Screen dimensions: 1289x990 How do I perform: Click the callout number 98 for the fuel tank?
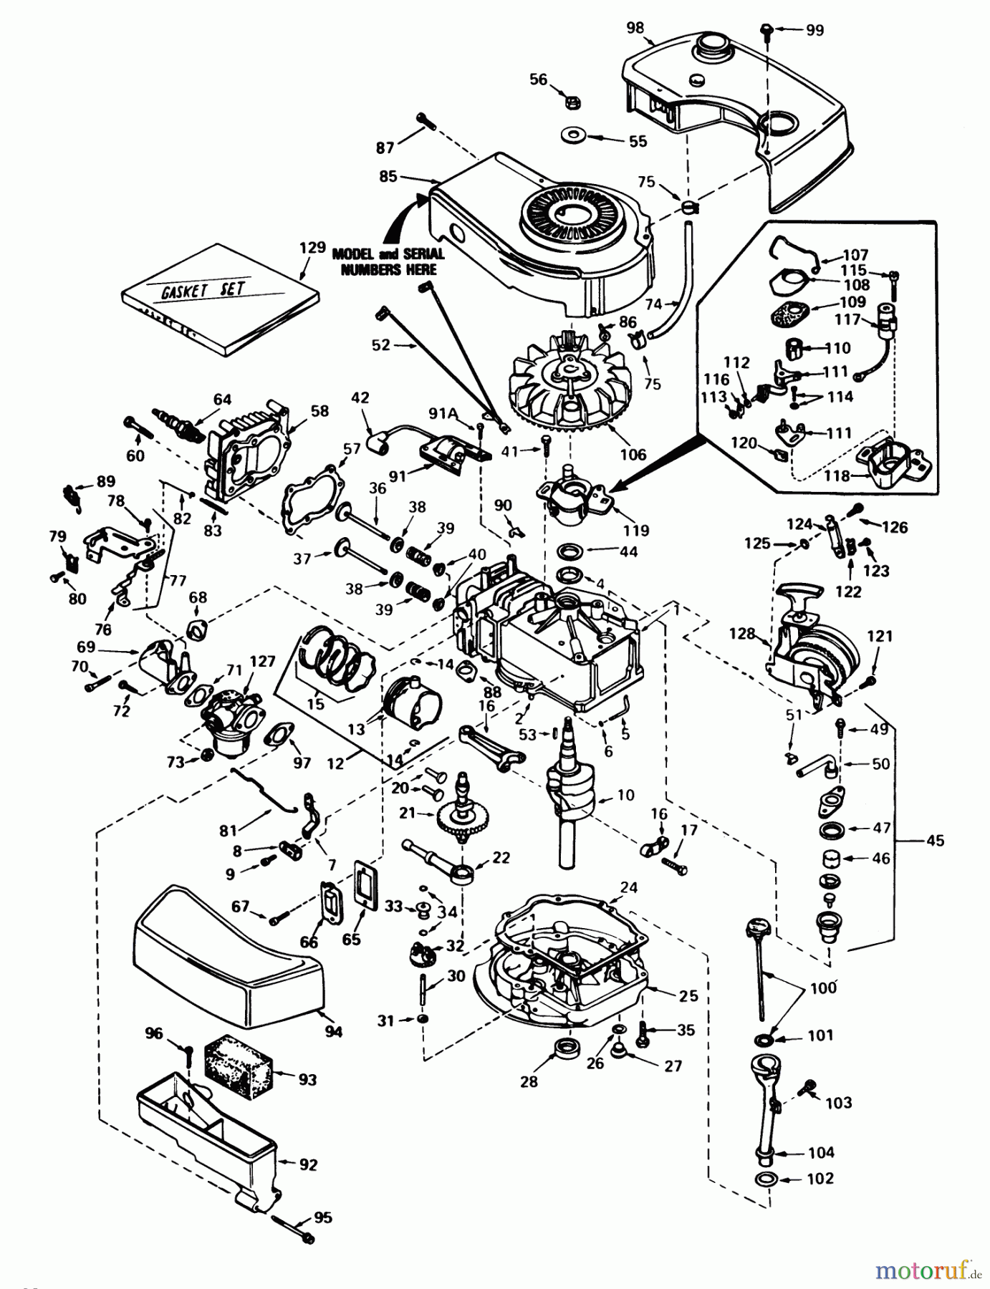coord(635,28)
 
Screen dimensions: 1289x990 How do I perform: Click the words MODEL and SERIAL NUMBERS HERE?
coord(388,261)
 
